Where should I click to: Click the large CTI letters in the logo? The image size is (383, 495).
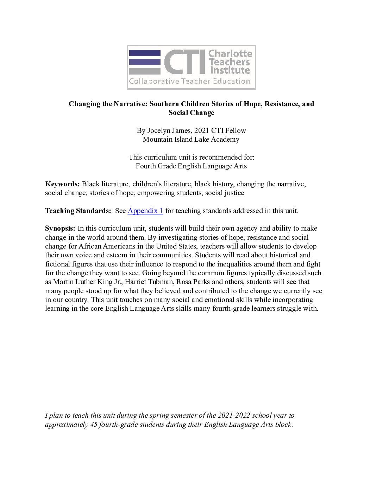[184, 62]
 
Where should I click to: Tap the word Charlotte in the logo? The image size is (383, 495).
[230, 54]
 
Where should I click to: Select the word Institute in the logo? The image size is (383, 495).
[230, 70]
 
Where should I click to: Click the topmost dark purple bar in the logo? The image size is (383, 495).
[145, 53]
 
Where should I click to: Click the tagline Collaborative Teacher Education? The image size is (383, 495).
[189, 82]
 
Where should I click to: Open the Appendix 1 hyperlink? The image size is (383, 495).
[145, 211]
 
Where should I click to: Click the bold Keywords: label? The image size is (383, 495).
[62, 184]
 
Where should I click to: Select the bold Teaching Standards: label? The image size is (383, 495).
[78, 211]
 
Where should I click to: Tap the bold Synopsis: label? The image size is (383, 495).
[60, 229]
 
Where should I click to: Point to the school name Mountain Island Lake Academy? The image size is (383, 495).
[191, 139]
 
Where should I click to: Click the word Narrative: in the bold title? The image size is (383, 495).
[130, 104]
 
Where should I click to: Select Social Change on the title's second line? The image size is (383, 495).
[191, 112]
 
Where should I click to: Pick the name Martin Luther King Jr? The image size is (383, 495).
[87, 282]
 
